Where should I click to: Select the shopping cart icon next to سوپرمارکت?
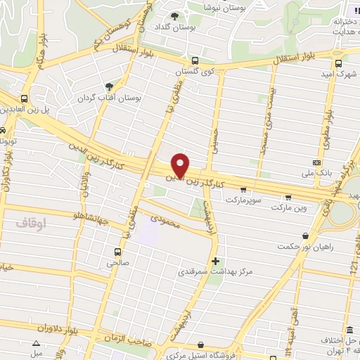tap(243, 189)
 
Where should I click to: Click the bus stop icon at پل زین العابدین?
tap(25, 98)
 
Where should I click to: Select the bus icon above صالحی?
tap(117, 251)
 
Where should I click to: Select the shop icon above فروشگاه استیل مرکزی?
tap(202, 345)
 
